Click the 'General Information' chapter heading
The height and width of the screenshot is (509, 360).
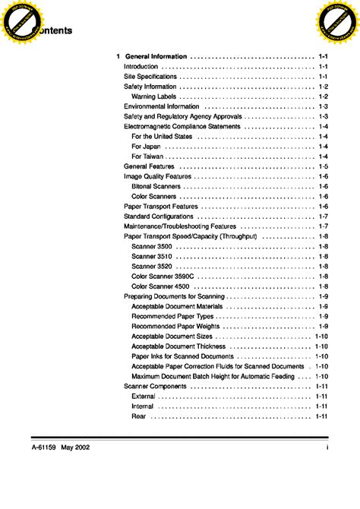coord(156,57)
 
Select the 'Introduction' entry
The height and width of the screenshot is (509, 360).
coord(141,67)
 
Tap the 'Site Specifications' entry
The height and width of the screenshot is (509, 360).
coord(150,77)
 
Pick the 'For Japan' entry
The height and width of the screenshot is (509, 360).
coord(146,146)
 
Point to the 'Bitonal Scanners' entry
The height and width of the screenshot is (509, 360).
coord(156,186)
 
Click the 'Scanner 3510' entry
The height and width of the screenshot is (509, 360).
coord(151,257)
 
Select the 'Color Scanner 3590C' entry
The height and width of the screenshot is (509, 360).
coord(163,277)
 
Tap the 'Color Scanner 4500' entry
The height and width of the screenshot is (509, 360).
coord(160,286)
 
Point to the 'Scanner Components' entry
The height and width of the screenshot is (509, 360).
coord(155,386)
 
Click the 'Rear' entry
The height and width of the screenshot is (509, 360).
coord(139,416)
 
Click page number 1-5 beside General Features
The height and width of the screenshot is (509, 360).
coord(323,166)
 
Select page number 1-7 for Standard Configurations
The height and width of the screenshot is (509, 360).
coord(323,217)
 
